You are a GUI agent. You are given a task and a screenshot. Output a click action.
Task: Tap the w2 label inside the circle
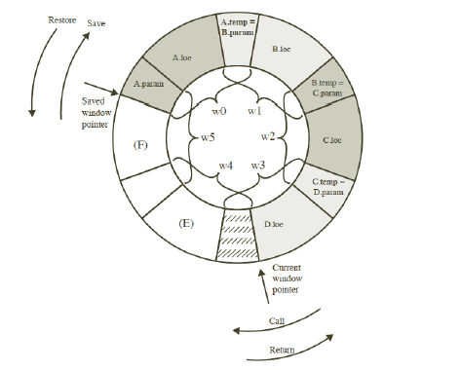click(x=268, y=135)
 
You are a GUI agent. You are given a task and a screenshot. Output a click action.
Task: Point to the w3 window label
click(x=258, y=166)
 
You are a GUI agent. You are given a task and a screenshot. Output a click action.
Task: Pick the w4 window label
click(x=226, y=166)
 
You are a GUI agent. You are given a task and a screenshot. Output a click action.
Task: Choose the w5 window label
click(x=208, y=138)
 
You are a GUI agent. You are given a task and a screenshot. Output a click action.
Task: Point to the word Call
click(x=278, y=320)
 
